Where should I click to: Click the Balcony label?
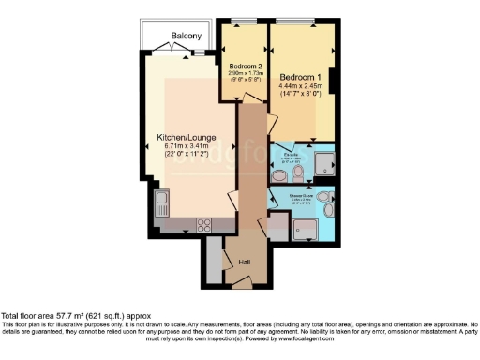(x=185, y=37)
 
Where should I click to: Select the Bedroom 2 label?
(x=247, y=66)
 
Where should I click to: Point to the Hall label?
(x=244, y=262)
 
